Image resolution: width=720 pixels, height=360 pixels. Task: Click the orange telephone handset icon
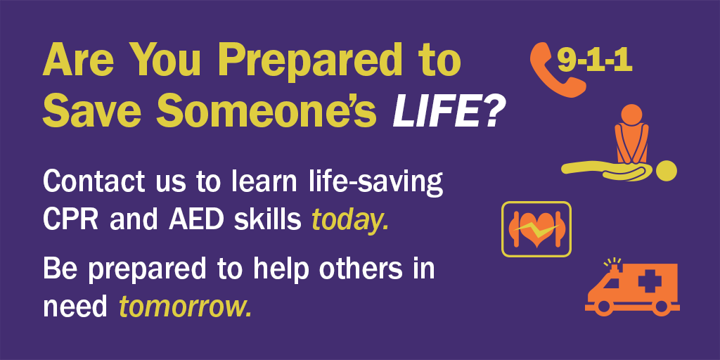555,70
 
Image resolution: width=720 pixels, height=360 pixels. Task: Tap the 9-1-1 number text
595,61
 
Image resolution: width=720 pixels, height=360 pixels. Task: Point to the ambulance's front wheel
603,308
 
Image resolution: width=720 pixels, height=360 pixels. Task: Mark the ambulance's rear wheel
660,308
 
